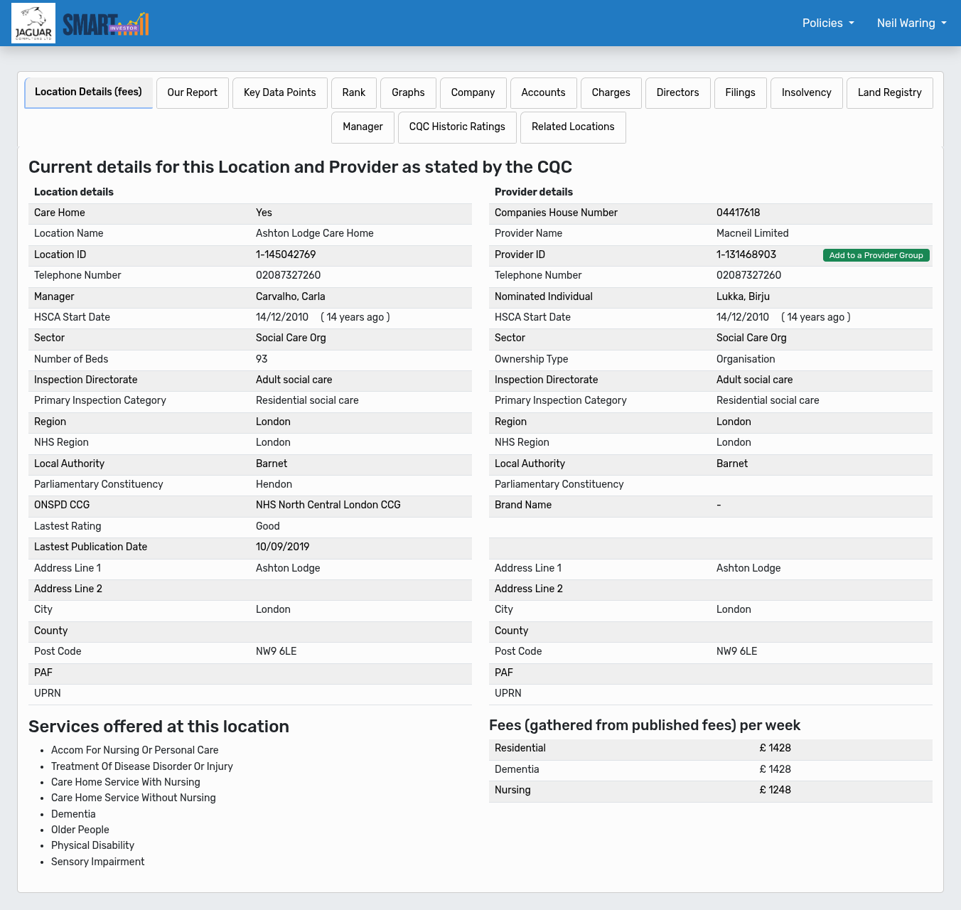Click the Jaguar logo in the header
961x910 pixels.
pyautogui.click(x=33, y=23)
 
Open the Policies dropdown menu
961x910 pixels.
pyautogui.click(x=828, y=23)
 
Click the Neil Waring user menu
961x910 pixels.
pyautogui.click(x=911, y=23)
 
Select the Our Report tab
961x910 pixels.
pyautogui.click(x=192, y=93)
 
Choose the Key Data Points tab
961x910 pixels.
pyautogui.click(x=279, y=93)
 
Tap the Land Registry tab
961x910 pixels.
pyautogui.click(x=889, y=93)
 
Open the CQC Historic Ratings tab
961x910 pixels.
pyautogui.click(x=457, y=127)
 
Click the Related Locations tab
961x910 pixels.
pyautogui.click(x=573, y=127)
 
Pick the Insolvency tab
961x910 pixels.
pyautogui.click(x=806, y=93)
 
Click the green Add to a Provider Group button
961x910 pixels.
pyautogui.click(x=876, y=255)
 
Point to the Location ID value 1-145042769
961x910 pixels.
pyautogui.click(x=286, y=255)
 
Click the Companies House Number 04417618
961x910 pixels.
pyautogui.click(x=738, y=213)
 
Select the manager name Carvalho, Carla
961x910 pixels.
pyautogui.click(x=290, y=296)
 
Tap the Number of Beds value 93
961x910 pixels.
pyautogui.click(x=262, y=359)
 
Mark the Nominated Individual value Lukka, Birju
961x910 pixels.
pyautogui.click(x=743, y=296)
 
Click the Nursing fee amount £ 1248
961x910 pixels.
pyautogui.click(x=775, y=790)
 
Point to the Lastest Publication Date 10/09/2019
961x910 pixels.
pyautogui.click(x=282, y=547)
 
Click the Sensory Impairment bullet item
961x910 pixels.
pyautogui.click(x=97, y=862)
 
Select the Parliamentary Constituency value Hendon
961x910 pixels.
pyautogui.click(x=274, y=484)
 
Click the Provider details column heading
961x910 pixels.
pyautogui.click(x=533, y=192)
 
